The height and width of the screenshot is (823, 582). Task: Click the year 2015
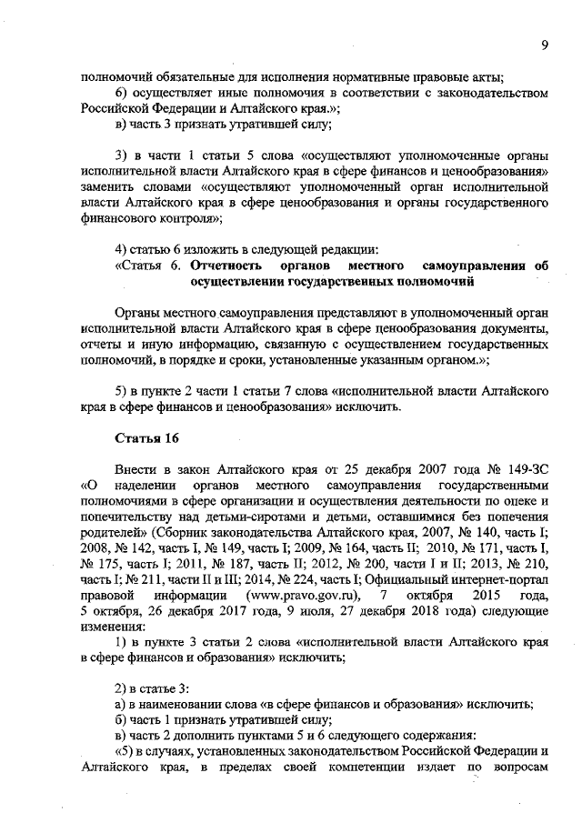click(x=475, y=595)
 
